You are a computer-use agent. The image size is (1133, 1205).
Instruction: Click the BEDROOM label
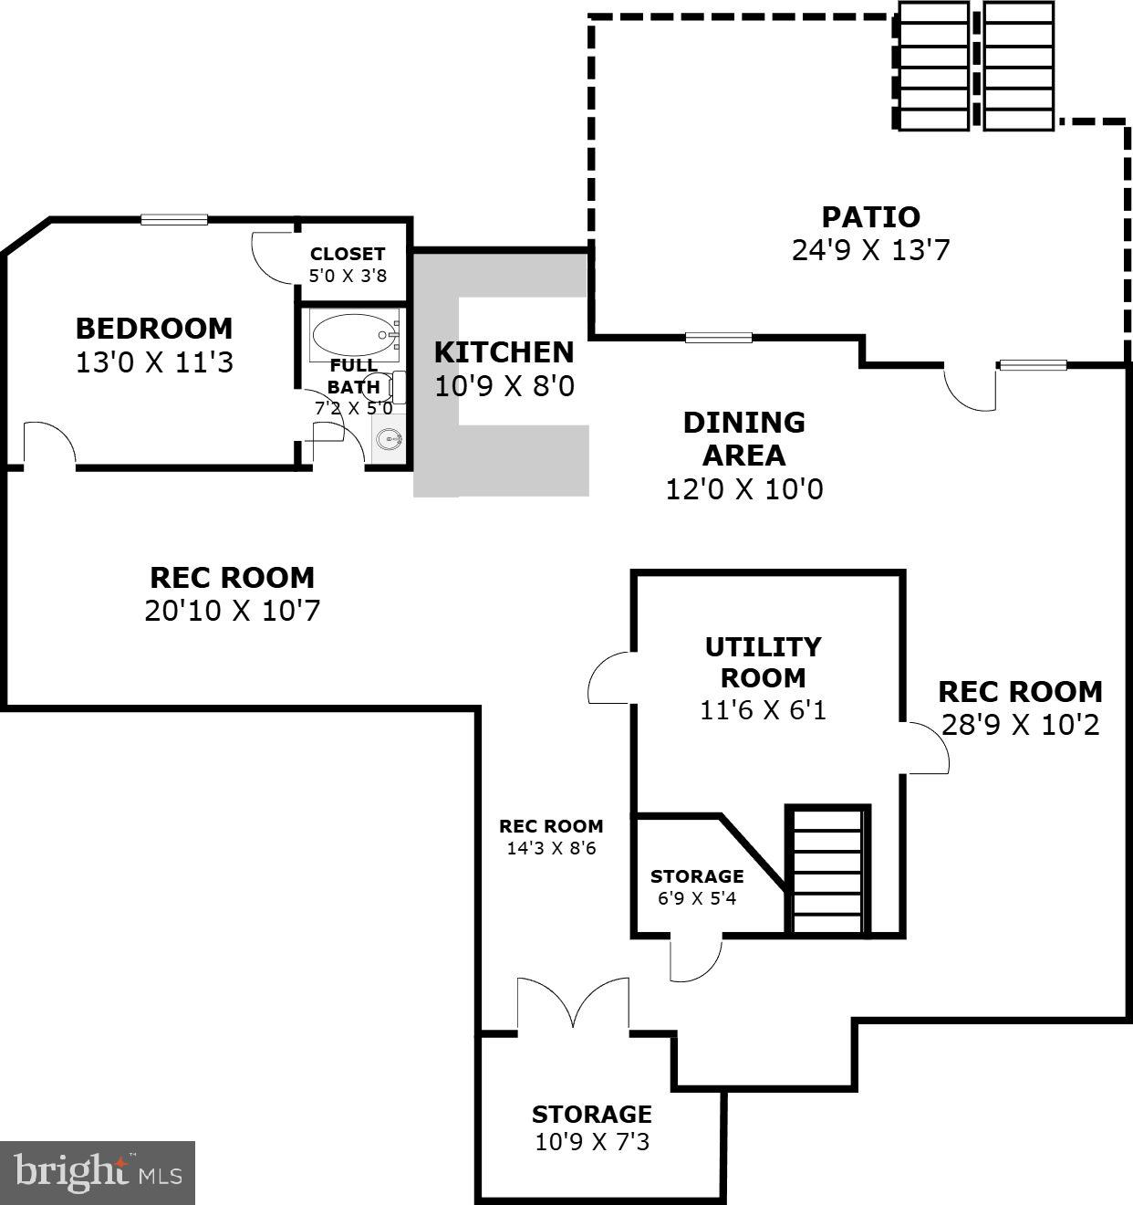pyautogui.click(x=153, y=329)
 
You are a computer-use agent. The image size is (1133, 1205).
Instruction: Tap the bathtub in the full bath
pyautogui.click(x=354, y=335)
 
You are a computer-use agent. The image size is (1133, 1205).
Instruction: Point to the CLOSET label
pyautogui.click(x=347, y=255)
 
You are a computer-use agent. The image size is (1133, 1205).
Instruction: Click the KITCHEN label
pyautogui.click(x=504, y=352)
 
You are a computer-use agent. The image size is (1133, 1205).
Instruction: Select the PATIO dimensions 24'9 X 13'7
pyautogui.click(x=870, y=250)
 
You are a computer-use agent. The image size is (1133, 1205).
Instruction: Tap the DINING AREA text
pyautogui.click(x=743, y=438)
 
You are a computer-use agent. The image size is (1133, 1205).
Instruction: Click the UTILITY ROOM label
pyautogui.click(x=763, y=662)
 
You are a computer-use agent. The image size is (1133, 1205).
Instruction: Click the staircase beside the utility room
pyautogui.click(x=827, y=870)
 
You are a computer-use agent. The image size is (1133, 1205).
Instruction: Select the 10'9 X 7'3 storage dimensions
pyautogui.click(x=592, y=1142)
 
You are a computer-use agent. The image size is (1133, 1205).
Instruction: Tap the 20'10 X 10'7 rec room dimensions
pyautogui.click(x=232, y=611)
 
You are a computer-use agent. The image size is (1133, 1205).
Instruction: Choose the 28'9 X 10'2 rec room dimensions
pyautogui.click(x=1020, y=725)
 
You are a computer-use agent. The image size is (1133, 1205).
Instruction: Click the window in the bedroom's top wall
pyautogui.click(x=174, y=219)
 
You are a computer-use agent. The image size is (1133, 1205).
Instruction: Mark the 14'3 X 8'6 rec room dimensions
pyautogui.click(x=550, y=848)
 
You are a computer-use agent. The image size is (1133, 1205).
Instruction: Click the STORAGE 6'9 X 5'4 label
pyautogui.click(x=697, y=886)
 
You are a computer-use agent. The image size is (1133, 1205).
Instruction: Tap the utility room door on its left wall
pyautogui.click(x=610, y=678)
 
